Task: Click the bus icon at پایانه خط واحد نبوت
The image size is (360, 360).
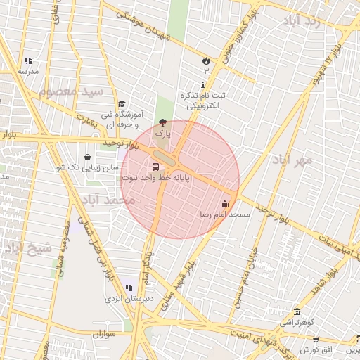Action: (x=155, y=167)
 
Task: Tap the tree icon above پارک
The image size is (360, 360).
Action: (x=163, y=122)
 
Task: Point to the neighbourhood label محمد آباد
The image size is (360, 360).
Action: (x=108, y=200)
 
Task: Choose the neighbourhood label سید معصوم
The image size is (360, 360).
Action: (x=71, y=92)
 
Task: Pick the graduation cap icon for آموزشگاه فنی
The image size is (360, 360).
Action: (x=122, y=104)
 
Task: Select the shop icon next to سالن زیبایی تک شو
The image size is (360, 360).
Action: (x=86, y=157)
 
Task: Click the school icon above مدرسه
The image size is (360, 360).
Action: (x=28, y=61)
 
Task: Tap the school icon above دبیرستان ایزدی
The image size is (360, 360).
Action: (x=128, y=288)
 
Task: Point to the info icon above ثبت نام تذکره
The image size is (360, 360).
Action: (x=203, y=84)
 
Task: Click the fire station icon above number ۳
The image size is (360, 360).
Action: (x=206, y=61)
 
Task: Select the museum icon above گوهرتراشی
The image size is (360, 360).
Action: (x=297, y=311)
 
